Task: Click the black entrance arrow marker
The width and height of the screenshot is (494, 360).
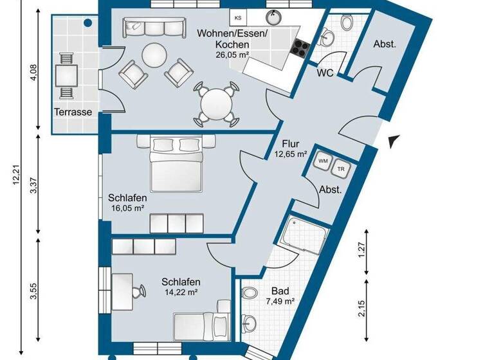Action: point(394,140)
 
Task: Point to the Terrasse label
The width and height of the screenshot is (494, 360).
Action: point(73,112)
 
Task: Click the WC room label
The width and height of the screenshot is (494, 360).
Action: point(325,73)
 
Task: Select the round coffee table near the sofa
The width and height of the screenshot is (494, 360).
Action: point(154,55)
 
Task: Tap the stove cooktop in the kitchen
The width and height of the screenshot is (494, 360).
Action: point(301,46)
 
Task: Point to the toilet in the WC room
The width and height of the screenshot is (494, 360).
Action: point(347,24)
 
